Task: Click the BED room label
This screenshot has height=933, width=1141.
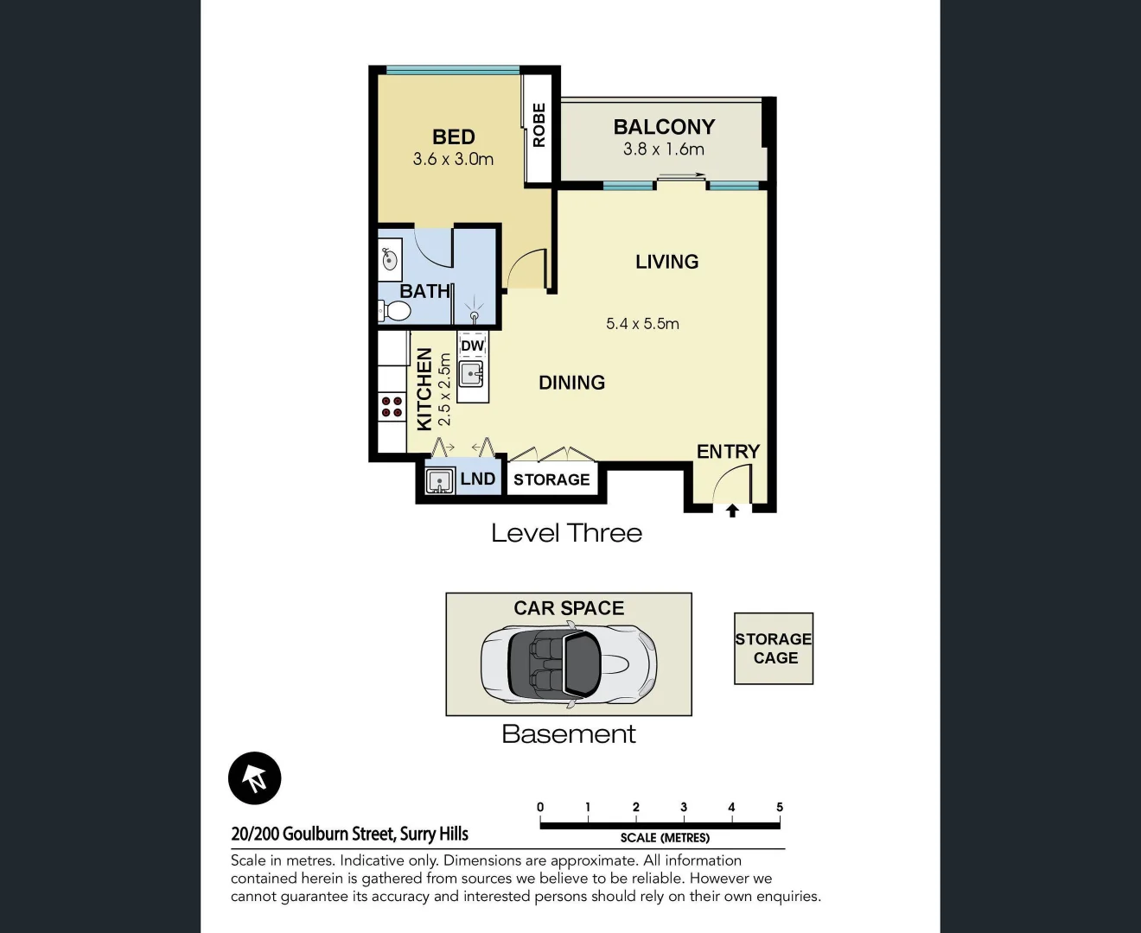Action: point(453,137)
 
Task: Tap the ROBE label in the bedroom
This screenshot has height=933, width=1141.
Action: point(539,125)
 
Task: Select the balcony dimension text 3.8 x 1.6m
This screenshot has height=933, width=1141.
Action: point(663,149)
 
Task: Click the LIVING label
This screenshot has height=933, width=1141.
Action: point(666,262)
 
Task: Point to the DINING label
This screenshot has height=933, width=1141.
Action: point(571,383)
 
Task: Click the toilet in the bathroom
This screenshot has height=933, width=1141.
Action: point(395,310)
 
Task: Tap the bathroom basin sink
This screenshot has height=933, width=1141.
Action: point(390,258)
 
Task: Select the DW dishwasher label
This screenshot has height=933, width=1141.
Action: point(472,346)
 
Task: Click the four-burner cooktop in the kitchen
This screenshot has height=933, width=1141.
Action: point(392,407)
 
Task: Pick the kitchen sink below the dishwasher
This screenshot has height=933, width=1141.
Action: point(471,375)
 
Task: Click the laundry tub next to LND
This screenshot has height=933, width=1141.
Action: point(441,480)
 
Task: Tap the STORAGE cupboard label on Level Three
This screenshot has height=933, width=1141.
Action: point(551,480)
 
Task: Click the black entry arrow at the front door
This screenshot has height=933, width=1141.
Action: point(732,511)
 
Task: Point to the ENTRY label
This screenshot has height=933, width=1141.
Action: point(728,452)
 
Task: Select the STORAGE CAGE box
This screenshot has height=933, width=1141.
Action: point(774,649)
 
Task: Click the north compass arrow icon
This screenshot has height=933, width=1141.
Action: point(255,778)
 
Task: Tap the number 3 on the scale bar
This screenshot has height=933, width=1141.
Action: point(684,807)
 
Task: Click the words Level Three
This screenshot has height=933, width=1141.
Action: point(566,533)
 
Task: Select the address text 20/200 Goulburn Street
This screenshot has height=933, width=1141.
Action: point(315,835)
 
